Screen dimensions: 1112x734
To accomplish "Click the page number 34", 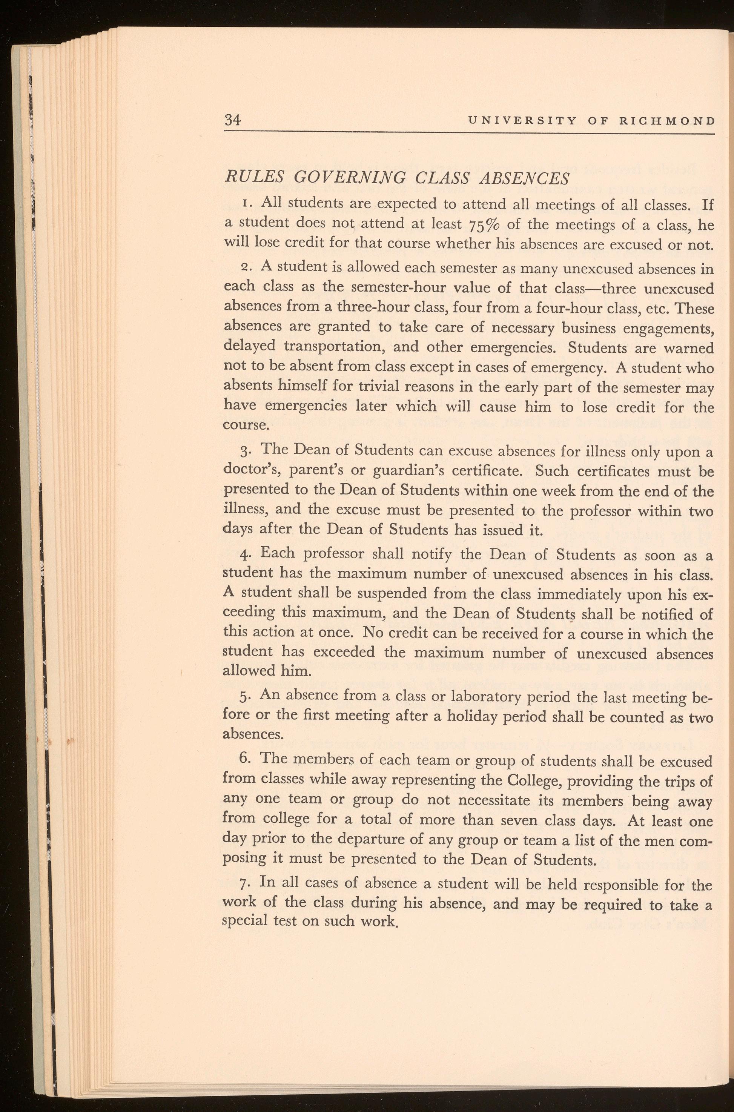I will (233, 120).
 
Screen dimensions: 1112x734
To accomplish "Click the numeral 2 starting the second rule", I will (248, 267).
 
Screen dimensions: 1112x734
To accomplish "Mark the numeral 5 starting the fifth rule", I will (247, 696).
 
